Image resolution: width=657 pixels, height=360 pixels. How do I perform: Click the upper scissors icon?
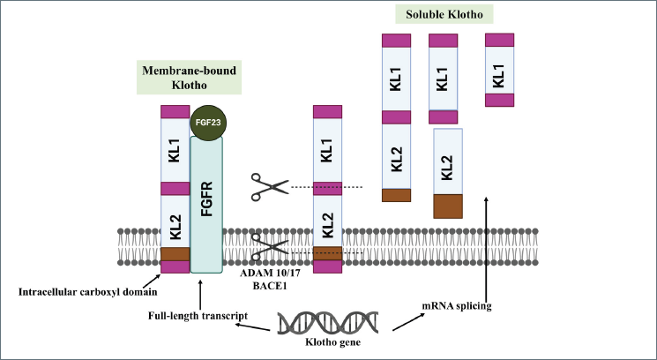click(x=269, y=186)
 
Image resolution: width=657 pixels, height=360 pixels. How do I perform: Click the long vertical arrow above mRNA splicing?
click(x=486, y=246)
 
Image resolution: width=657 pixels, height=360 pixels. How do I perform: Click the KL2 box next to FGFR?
click(x=175, y=221)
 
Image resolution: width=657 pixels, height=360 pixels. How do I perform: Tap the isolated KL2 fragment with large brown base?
click(x=448, y=173)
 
